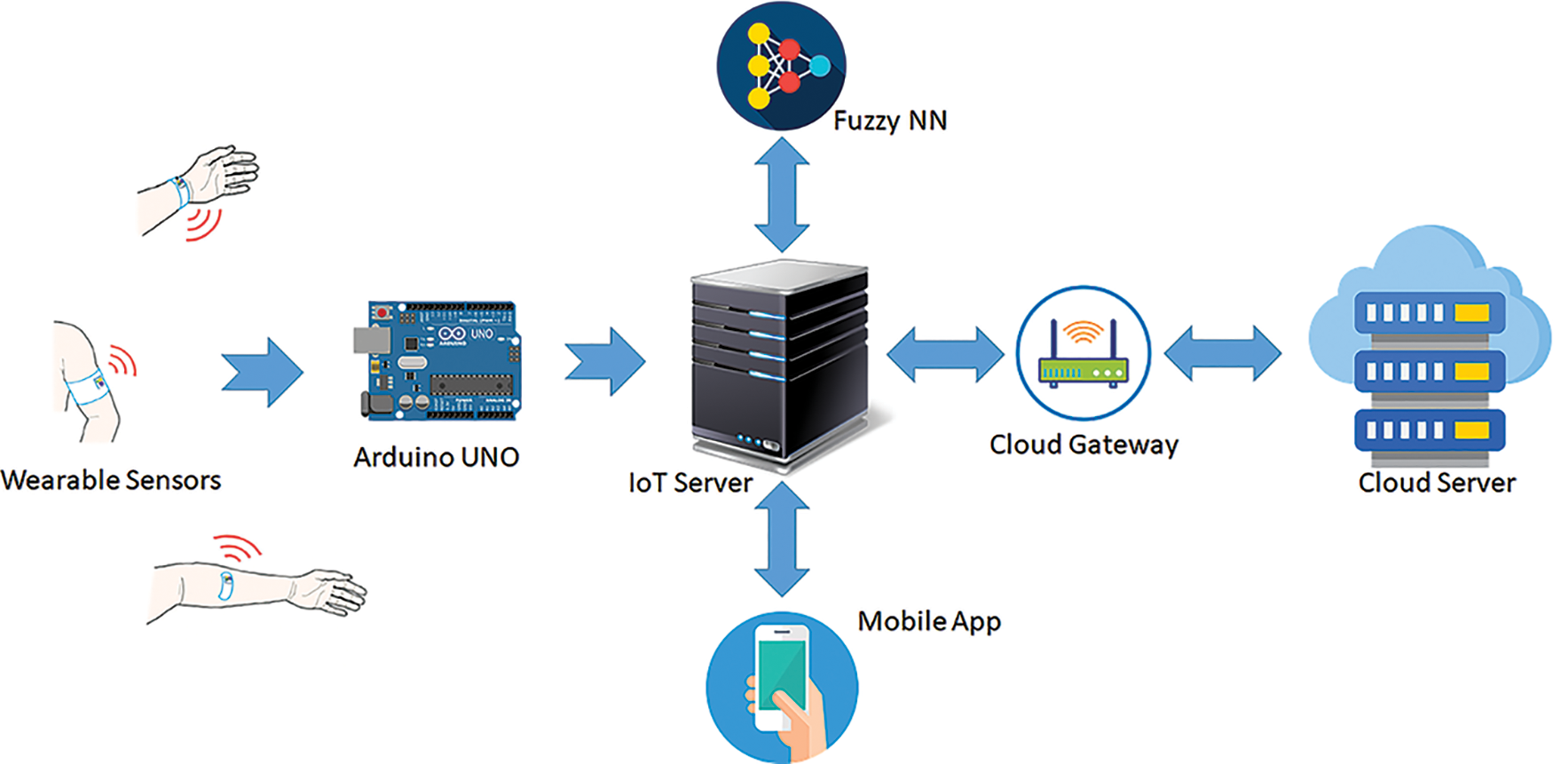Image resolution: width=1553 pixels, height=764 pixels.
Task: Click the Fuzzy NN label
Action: tap(890, 121)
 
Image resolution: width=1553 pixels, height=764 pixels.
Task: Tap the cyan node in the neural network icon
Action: tap(820, 66)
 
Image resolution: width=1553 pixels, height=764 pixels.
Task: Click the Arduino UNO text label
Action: tap(436, 457)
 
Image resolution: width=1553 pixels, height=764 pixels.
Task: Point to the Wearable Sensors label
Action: tap(111, 480)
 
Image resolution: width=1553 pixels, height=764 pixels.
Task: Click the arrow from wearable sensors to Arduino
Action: tap(264, 372)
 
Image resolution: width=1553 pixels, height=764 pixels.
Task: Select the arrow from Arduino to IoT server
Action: tap(606, 361)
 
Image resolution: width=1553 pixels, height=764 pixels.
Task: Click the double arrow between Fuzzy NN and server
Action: tap(782, 194)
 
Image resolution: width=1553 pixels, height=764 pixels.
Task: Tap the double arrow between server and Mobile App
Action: tap(782, 539)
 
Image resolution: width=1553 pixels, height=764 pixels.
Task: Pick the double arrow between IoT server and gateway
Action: tap(945, 354)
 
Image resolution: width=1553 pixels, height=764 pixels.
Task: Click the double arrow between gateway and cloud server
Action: tap(1222, 353)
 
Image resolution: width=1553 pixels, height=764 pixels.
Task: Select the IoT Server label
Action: tap(690, 483)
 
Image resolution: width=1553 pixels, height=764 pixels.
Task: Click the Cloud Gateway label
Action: tap(1084, 444)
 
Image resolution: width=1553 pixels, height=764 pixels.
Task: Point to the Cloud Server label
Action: tap(1437, 483)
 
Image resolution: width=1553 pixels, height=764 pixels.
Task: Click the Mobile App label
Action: tap(929, 621)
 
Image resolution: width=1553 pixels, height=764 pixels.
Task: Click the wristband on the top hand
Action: tap(181, 189)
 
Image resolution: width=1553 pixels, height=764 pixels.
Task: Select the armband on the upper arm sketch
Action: tap(89, 387)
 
